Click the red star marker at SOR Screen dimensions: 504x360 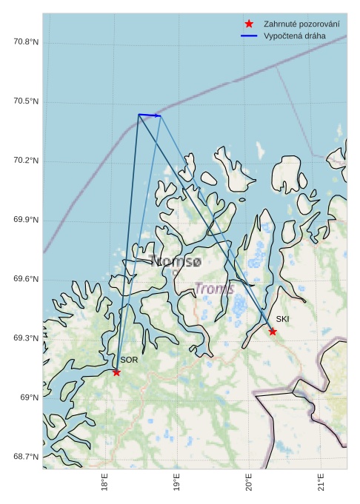(116, 372)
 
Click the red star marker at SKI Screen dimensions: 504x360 (273, 332)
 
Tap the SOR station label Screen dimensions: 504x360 (129, 360)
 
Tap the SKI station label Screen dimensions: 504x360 (282, 319)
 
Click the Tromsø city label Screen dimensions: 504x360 (175, 261)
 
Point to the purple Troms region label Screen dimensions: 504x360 (214, 288)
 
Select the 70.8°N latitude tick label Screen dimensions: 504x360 (25, 42)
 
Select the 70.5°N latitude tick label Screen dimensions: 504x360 (25, 101)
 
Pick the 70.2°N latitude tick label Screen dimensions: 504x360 (25, 161)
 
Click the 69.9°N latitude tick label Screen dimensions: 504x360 (25, 220)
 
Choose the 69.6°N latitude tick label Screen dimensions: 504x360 (25, 279)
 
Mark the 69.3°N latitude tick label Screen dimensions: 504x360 (25, 338)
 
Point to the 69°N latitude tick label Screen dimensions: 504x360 (29, 397)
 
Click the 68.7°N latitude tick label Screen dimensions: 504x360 (25, 457)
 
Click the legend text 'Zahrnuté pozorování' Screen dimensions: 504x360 (296, 24)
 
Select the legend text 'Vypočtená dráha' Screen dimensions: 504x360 (289, 36)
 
